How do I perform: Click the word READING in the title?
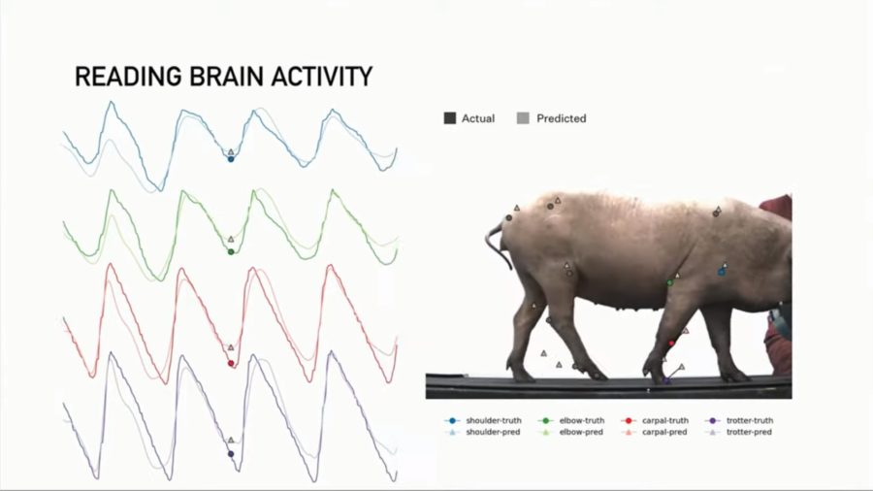click(122, 78)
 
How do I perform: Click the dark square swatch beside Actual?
click(449, 118)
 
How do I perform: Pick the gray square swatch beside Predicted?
click(523, 118)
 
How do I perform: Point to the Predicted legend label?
click(561, 118)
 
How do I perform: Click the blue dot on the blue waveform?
click(231, 158)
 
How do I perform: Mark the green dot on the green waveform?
click(231, 252)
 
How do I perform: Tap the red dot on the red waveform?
click(231, 364)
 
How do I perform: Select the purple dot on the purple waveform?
click(231, 453)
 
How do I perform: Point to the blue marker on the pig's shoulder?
click(722, 272)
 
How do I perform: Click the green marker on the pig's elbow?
click(669, 282)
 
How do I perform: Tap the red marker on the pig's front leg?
click(671, 344)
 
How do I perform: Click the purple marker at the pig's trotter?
click(666, 381)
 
